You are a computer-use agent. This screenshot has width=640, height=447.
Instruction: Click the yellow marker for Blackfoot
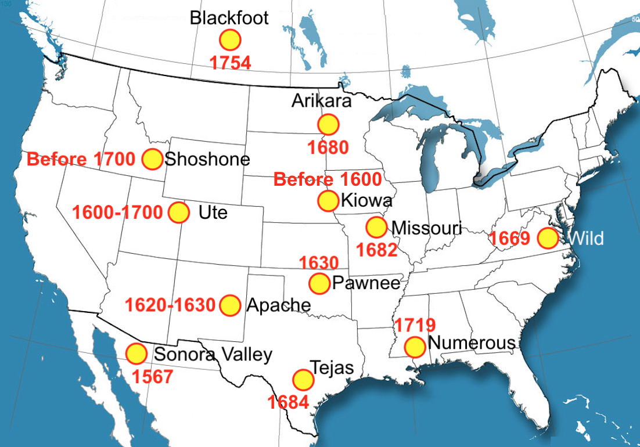pos(230,40)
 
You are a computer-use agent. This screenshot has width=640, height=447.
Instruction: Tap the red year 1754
pos(230,63)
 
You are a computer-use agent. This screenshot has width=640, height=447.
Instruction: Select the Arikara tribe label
pos(322,101)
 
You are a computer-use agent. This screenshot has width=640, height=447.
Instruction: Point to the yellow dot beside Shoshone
pos(152,159)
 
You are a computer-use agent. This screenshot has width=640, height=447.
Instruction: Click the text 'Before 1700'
pos(81,159)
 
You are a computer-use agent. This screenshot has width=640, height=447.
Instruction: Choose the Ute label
pos(213,212)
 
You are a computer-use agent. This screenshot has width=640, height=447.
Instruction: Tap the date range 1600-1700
pos(117,212)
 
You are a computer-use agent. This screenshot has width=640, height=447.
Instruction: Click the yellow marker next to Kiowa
pos(328,201)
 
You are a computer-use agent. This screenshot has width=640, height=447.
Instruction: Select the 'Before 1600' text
pos(328,179)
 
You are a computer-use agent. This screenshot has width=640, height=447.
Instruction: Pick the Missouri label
pos(426,228)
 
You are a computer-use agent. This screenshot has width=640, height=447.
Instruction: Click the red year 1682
pos(376,250)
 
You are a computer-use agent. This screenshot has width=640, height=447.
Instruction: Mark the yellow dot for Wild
pos(547,238)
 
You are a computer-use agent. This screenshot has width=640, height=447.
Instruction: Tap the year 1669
pos(509,239)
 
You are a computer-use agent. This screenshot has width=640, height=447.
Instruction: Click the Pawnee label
pos(366,283)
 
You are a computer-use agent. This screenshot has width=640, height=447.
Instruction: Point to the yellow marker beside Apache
pos(230,305)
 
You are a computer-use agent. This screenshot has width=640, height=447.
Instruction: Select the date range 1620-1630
pos(170,305)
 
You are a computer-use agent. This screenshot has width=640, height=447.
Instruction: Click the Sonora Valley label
pos(213,354)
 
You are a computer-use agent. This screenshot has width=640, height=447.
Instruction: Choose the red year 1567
pos(152,377)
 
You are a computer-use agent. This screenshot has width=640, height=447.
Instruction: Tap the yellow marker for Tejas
pos(303,380)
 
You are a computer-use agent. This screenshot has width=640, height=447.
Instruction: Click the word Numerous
pos(471,343)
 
